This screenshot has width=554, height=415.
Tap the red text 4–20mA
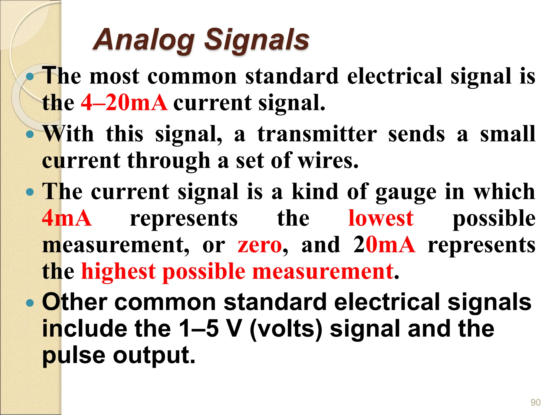coord(124,103)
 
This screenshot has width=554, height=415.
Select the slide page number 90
coord(535,402)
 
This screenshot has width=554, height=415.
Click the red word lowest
coord(381,218)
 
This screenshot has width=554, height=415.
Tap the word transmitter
coord(317,134)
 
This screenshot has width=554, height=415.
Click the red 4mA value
coord(67,218)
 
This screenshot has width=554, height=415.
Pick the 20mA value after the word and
coord(384,245)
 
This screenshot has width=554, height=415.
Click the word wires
coord(328,161)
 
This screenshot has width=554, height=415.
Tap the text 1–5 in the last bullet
coord(199,329)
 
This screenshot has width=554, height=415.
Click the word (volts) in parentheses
coord(286,329)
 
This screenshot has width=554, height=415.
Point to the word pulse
coord(74,356)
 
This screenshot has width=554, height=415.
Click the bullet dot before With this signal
coord(30,134)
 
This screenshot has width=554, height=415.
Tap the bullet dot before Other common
coord(30,303)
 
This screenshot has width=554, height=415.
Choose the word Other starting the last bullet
coord(75,302)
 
